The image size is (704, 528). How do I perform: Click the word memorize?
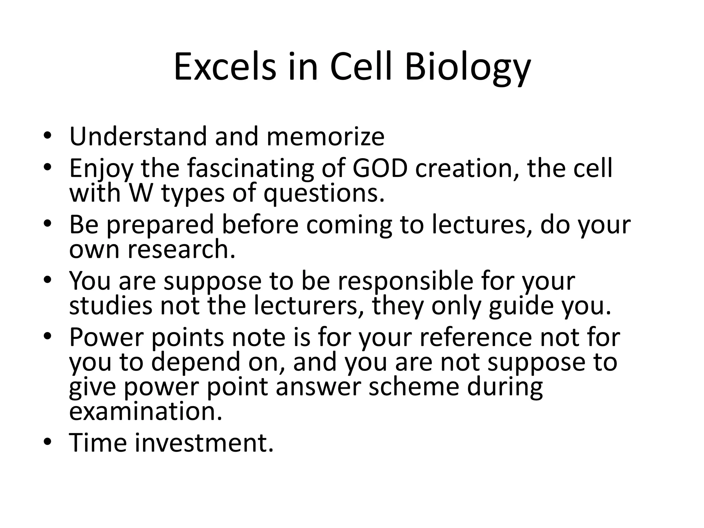click(325, 136)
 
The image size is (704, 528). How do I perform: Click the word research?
click(181, 249)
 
